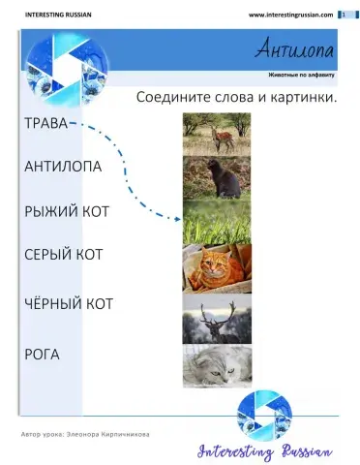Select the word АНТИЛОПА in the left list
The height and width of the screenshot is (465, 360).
pyautogui.click(x=62, y=167)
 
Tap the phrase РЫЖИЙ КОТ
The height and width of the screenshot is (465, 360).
pyautogui.click(x=66, y=210)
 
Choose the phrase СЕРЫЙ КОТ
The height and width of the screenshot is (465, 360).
pyautogui.click(x=63, y=254)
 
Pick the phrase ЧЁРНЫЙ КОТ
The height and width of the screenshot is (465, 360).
pyautogui.click(x=68, y=304)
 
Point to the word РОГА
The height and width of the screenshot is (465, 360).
pyautogui.click(x=41, y=355)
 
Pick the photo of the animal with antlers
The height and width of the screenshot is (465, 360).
pyautogui.click(x=217, y=319)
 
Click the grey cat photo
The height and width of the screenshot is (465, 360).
pyautogui.click(x=217, y=366)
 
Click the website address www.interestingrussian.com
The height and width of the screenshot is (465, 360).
pyautogui.click(x=290, y=15)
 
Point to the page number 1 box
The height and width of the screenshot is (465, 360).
pyautogui.click(x=343, y=15)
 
